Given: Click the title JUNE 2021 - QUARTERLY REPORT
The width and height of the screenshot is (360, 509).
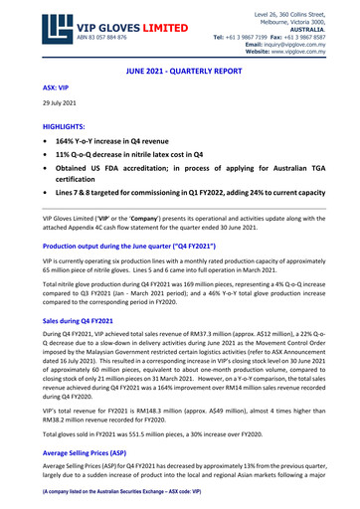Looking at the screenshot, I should [180, 74].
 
